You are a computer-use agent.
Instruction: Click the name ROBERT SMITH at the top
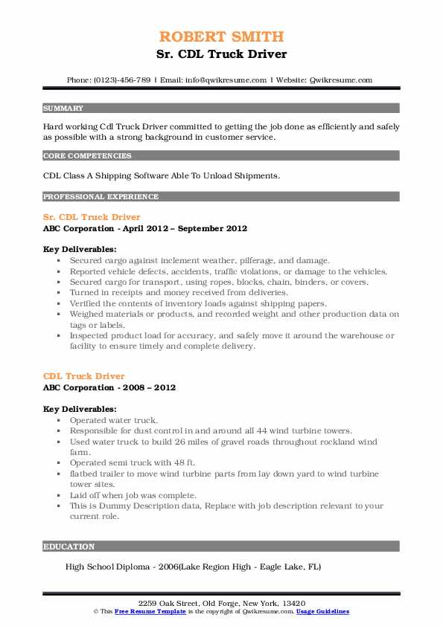pos(221,36)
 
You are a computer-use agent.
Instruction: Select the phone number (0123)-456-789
pos(121,80)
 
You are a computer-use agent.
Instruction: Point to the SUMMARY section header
pos(63,109)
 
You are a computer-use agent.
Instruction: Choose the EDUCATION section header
pos(69,546)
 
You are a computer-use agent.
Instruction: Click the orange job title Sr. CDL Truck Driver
pos(92,217)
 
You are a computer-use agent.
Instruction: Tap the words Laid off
pos(86,494)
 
